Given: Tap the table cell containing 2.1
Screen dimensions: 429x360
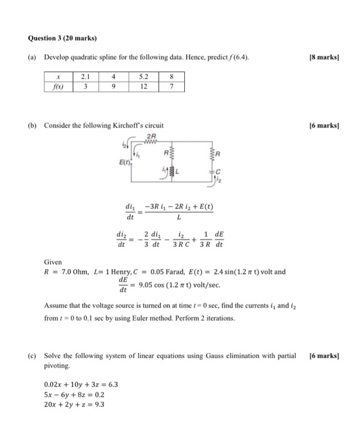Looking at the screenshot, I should pos(85,77).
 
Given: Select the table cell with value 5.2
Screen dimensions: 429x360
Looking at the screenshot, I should pos(143,77).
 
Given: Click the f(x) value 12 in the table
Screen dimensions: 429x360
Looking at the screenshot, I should pos(143,87).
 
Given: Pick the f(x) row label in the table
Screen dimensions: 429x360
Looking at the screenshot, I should pos(58,87).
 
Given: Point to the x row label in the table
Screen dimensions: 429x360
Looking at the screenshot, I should pos(58,77).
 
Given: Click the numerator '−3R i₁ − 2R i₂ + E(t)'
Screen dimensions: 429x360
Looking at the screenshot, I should pos(180,208).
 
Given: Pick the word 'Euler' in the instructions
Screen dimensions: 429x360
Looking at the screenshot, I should pos(176,318).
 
